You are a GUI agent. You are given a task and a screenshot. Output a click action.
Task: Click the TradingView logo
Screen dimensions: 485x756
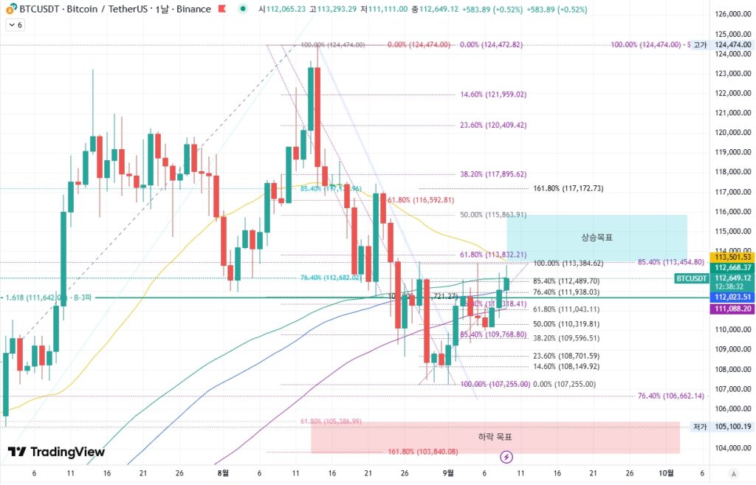pyautogui.click(x=56, y=452)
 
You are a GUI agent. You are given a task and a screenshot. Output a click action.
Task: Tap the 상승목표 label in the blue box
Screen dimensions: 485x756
pyautogui.click(x=597, y=238)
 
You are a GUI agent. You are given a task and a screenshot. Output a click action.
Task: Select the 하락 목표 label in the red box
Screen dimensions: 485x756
pyautogui.click(x=495, y=437)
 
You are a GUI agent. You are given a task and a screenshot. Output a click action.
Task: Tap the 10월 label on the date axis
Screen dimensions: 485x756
pyautogui.click(x=665, y=473)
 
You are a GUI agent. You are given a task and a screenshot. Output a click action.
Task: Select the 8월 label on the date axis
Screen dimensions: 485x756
pyautogui.click(x=223, y=473)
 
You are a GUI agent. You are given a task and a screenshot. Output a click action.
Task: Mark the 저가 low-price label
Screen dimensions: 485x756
pyautogui.click(x=700, y=427)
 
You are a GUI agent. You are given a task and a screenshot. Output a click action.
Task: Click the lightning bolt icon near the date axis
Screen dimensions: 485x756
pyautogui.click(x=506, y=457)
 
